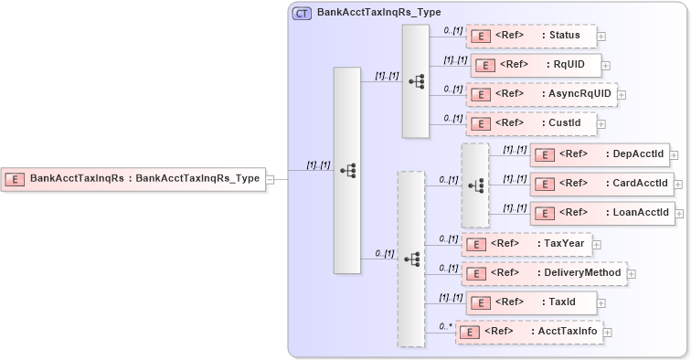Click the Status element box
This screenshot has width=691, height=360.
point(530,36)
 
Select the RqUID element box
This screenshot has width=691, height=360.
point(536,65)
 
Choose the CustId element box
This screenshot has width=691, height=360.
point(530,122)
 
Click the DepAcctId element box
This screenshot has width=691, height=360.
point(600,154)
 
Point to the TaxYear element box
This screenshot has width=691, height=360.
point(526,244)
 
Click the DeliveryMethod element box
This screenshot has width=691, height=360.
point(543,272)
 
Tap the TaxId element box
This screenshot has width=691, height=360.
point(530,302)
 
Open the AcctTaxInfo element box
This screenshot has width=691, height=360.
point(529,332)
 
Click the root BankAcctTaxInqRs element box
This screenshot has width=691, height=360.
point(133,179)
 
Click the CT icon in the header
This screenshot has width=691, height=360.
point(301,14)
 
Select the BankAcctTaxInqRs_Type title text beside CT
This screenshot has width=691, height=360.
point(366,14)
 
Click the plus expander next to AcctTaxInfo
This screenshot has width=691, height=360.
point(608,333)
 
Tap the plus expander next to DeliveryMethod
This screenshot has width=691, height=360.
point(632,273)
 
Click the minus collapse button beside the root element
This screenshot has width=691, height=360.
point(271,179)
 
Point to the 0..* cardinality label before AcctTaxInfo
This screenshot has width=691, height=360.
point(445,325)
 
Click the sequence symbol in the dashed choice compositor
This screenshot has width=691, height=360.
point(475,185)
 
